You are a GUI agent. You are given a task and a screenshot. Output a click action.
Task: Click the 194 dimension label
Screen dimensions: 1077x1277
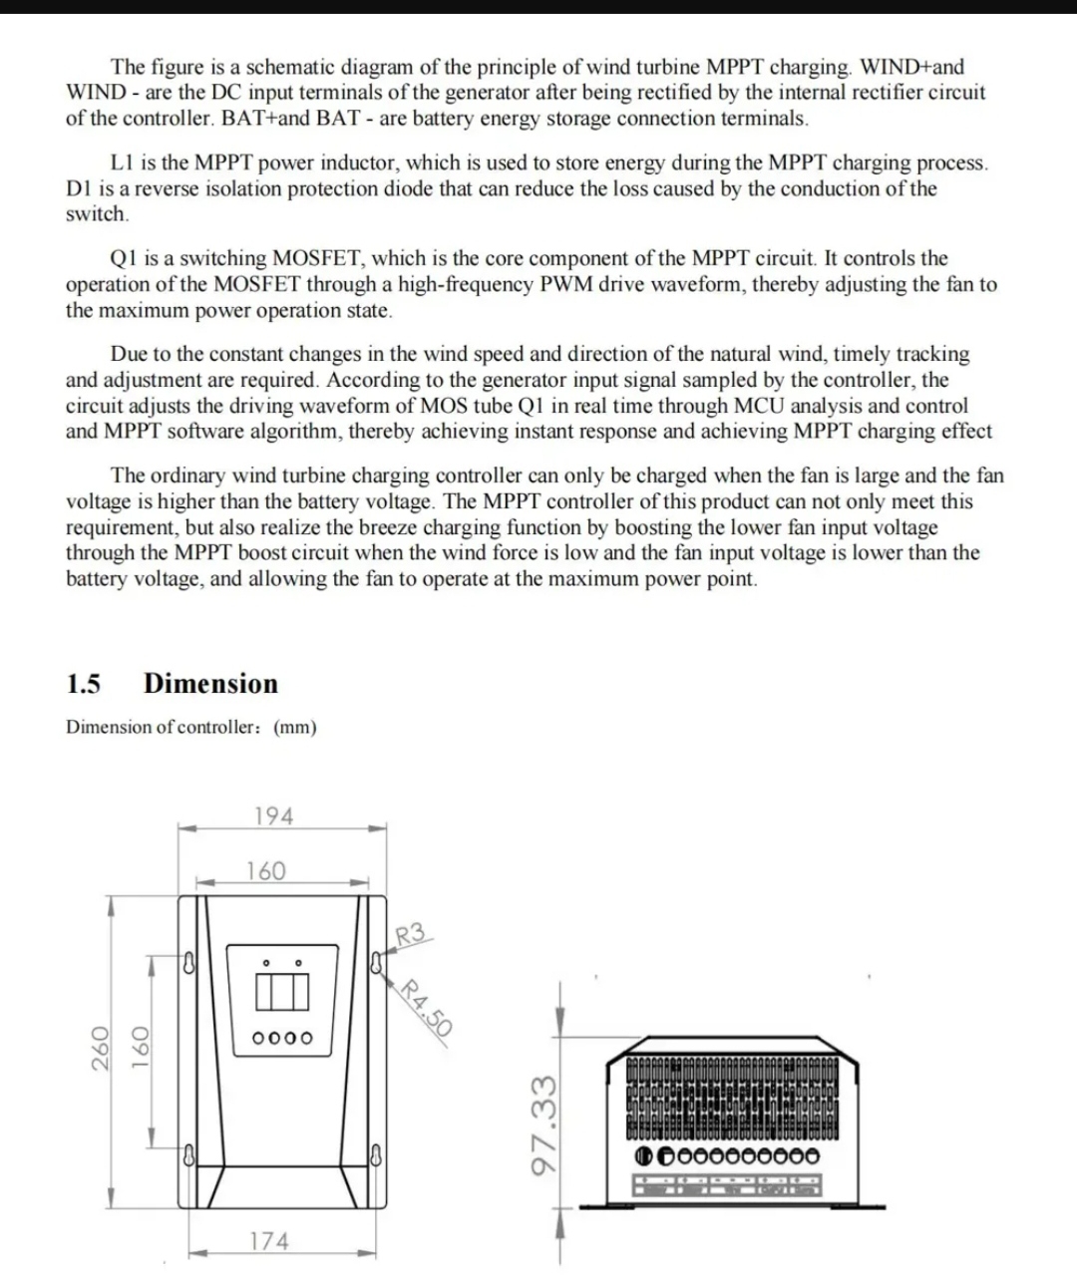(273, 815)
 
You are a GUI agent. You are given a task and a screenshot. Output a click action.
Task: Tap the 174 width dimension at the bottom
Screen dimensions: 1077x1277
(269, 1241)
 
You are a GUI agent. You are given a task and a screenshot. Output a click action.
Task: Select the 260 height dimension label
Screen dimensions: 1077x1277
(101, 1049)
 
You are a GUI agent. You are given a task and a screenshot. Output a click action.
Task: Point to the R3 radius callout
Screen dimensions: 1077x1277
(410, 934)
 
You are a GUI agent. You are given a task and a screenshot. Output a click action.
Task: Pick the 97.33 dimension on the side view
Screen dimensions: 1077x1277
(543, 1124)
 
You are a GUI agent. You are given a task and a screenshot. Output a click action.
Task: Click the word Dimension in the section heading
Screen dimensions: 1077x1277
(210, 683)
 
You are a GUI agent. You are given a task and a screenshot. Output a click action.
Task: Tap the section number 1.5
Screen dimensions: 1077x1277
(83, 684)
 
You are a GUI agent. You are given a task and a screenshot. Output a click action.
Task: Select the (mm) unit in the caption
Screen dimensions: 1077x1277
(295, 727)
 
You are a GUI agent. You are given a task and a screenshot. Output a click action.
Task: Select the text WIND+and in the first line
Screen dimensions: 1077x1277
(911, 67)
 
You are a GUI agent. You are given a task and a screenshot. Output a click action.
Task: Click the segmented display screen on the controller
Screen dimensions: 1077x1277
(282, 991)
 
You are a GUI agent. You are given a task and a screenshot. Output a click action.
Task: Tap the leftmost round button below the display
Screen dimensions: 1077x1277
(258, 1038)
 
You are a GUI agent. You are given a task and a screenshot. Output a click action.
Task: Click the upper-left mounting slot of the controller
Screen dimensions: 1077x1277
(189, 963)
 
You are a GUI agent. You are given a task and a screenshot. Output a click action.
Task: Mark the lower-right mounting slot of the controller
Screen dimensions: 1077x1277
(376, 1154)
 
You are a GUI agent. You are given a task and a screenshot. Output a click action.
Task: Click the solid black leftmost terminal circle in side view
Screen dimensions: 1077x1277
(643, 1156)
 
